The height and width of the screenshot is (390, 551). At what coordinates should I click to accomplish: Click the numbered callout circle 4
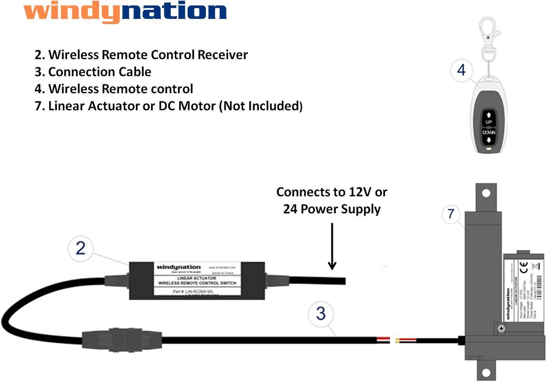[461, 70]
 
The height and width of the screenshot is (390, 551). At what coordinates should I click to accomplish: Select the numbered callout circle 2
[81, 249]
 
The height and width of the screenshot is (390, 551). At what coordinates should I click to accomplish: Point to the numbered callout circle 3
[321, 314]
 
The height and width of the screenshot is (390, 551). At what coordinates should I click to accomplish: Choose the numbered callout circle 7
[451, 214]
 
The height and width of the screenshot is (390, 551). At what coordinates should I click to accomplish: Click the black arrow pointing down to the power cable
[332, 246]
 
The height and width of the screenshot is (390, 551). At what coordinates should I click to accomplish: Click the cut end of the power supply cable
[344, 281]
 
